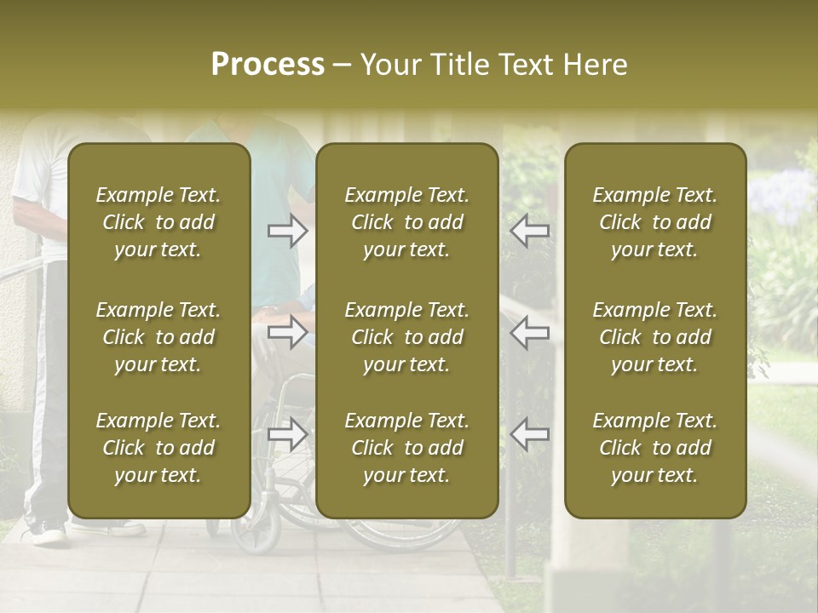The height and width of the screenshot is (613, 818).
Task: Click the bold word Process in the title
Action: [268, 65]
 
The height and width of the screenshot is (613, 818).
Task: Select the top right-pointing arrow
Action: [288, 231]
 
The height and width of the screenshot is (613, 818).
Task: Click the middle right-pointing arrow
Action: [288, 332]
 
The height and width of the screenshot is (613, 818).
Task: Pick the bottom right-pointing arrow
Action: [288, 434]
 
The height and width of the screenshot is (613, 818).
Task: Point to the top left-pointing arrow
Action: [530, 231]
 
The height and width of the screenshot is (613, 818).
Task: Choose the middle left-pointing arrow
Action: [530, 332]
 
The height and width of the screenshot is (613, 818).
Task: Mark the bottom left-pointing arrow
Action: [530, 434]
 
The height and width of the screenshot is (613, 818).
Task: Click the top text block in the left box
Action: [158, 222]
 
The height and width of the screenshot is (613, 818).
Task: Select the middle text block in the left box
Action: [158, 337]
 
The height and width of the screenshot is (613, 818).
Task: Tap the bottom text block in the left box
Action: [158, 448]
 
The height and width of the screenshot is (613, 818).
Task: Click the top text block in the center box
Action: [407, 222]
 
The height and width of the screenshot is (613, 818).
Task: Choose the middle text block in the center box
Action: [407, 337]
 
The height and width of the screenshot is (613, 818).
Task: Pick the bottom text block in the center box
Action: [407, 448]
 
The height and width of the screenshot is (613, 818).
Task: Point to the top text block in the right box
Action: [655, 222]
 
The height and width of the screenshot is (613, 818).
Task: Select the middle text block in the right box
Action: [655, 337]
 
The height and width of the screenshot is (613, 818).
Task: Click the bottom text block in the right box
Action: [655, 448]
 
